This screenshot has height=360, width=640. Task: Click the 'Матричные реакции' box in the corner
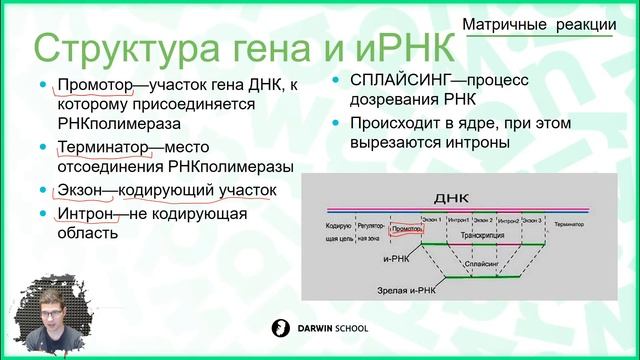[x=546, y=27]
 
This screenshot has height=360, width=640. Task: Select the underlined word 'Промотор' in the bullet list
[x=97, y=86]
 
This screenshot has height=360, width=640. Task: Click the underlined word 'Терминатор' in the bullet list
[x=103, y=148]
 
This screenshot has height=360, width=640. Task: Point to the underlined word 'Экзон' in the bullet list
[x=79, y=190]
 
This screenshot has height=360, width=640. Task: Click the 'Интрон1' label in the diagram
[x=458, y=218]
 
